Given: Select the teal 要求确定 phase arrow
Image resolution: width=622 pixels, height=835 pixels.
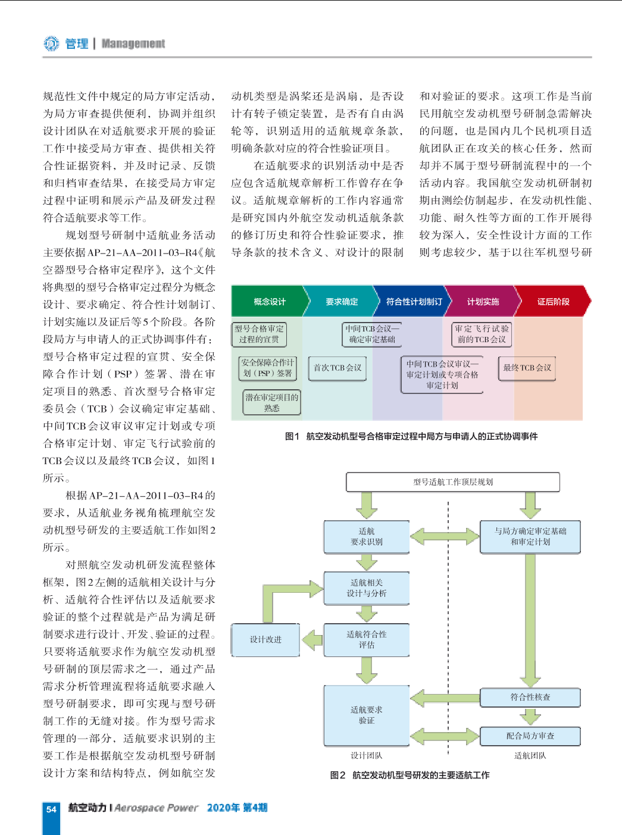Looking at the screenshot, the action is point(341,301).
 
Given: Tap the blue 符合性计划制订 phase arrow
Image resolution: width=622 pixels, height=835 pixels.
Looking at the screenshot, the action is point(412,301).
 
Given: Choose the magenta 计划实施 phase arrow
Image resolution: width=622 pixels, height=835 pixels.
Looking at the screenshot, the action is point(483,301).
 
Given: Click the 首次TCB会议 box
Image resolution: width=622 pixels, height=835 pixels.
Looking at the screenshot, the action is point(337,368).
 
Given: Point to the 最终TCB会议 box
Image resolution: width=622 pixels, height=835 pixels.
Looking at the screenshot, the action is point(527,368).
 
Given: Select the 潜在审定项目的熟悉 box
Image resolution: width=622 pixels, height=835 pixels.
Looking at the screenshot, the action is point(272,402).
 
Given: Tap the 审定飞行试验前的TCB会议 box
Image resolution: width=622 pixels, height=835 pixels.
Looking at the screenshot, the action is point(482,334).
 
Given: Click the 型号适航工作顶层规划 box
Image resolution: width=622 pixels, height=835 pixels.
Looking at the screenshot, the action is point(453,482).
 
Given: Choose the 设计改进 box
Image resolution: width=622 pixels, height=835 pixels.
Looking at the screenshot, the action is point(265,640).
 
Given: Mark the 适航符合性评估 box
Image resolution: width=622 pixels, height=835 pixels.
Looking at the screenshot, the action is point(367,640).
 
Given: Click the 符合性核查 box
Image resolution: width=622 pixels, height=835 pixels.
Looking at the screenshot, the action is point(530,698).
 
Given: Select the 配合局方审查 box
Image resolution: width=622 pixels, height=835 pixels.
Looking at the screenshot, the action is point(530,736).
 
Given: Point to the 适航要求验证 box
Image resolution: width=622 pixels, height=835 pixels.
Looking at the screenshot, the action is point(367,715).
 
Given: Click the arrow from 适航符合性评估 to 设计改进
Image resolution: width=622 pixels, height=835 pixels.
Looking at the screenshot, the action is point(312,640).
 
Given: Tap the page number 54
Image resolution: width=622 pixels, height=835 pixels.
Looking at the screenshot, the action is point(51,809).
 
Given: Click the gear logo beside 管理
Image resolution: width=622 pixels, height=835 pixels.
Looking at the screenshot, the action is point(51,43).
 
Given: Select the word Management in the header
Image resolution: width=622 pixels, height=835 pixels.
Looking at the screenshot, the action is point(133,43).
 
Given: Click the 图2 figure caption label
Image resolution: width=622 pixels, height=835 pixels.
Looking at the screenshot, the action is point(337,775).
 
